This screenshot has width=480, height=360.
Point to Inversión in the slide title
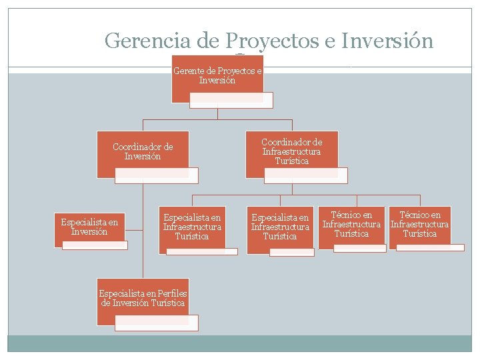(x=387, y=41)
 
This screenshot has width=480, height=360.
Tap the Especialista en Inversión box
(x=89, y=227)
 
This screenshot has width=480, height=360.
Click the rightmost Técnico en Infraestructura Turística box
(x=419, y=224)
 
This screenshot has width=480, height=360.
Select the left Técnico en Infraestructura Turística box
(x=351, y=224)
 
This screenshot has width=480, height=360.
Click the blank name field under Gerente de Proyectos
(x=231, y=99)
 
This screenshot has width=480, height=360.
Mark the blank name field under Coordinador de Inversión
(x=157, y=175)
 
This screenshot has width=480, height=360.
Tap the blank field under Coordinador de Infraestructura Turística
(x=305, y=175)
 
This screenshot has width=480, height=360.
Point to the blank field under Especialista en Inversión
(x=95, y=245)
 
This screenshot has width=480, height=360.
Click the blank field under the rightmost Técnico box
(x=430, y=247)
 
